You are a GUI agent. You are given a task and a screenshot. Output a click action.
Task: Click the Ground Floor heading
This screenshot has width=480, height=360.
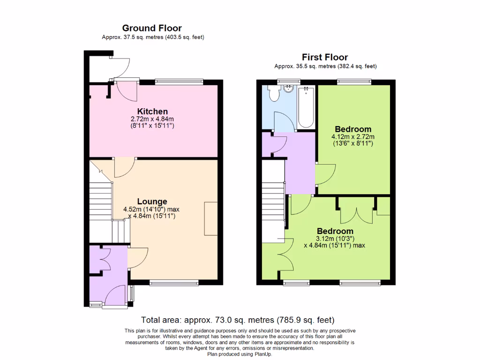152,28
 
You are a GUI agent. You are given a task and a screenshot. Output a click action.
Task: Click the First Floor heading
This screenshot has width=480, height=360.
325,57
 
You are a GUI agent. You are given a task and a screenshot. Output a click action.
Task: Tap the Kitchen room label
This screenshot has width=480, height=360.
152,112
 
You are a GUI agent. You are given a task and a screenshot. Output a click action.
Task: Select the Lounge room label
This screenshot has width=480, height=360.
152,202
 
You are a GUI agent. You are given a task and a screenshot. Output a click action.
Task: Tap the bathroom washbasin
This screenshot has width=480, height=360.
287,88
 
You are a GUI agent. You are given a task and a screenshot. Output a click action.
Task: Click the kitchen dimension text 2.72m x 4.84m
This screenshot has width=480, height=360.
152,120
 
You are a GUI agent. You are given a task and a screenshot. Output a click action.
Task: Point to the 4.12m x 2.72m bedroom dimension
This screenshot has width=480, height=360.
353,137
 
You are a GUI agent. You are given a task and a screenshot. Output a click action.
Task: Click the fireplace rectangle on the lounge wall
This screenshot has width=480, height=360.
211,218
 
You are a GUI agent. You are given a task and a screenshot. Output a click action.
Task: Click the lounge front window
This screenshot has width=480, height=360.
173,283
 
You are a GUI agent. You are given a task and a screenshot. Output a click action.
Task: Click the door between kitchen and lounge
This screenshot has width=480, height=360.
124,168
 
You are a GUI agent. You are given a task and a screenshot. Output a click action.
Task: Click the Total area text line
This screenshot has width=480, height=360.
238,320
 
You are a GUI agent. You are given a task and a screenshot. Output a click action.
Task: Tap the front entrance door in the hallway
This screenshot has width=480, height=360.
115,296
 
